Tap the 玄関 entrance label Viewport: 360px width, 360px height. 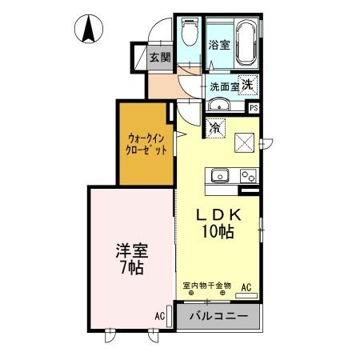pos(160,57)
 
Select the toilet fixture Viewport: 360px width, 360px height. pos(189,33)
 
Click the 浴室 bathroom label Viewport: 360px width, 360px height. pos(219,45)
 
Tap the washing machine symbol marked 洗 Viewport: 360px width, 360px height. pos(249,85)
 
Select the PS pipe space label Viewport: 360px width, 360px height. pos(254,108)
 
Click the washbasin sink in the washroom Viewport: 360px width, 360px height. pos(218,105)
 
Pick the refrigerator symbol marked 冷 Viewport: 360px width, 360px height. pos(216,126)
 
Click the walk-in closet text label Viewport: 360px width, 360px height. pos(146,142)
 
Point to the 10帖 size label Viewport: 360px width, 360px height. pos(218,233)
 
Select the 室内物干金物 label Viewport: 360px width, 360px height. pos(206,285)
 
